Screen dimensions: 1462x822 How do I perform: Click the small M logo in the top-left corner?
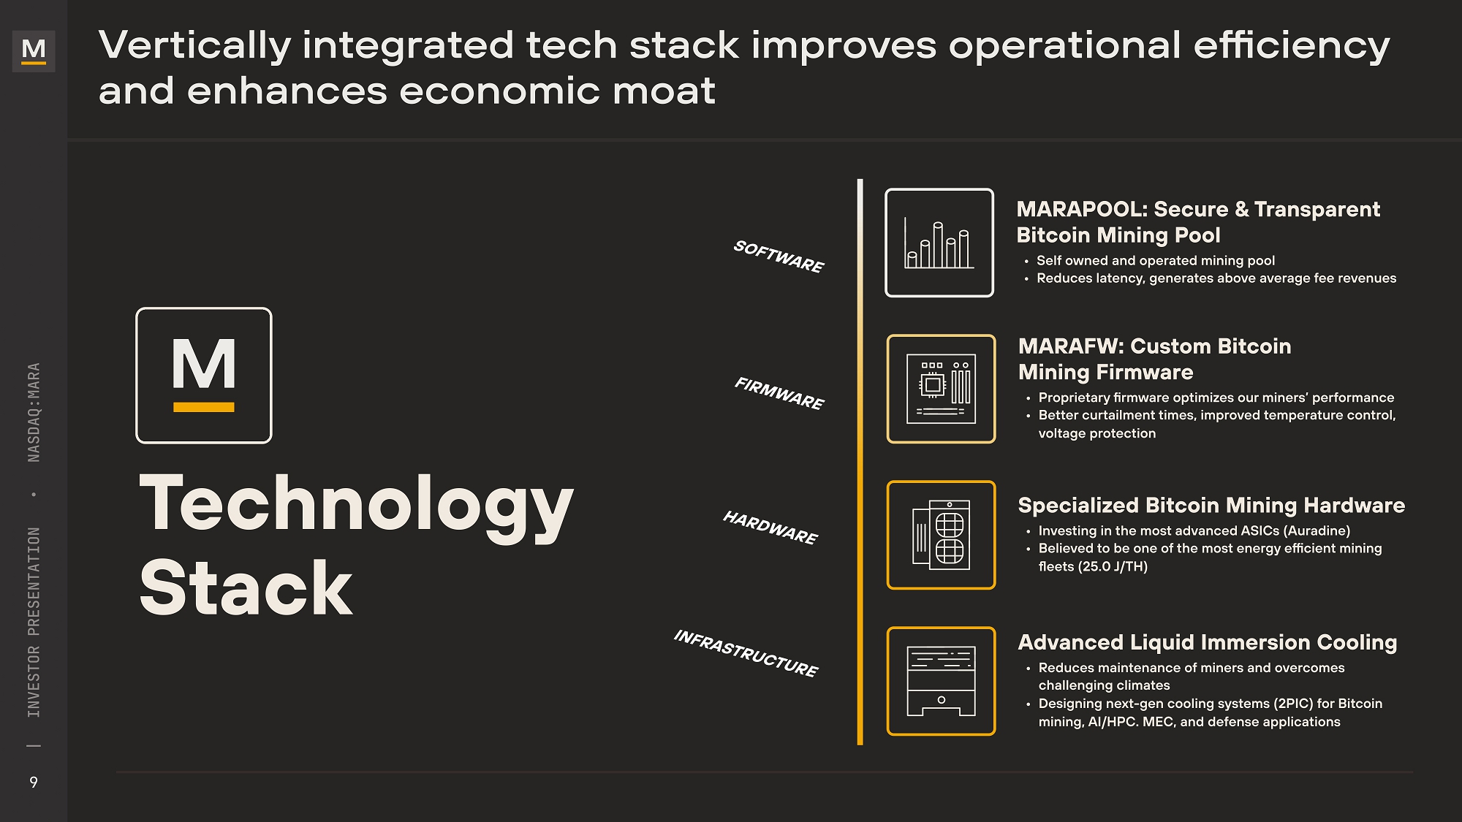click(x=34, y=50)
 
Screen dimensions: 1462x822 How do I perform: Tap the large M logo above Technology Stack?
click(x=204, y=376)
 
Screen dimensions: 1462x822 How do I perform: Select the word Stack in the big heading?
click(x=246, y=588)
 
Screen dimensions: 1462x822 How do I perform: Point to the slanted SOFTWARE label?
click(x=779, y=256)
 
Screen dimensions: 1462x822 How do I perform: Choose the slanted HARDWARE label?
click(x=770, y=528)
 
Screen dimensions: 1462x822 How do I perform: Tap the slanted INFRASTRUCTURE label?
click(x=746, y=653)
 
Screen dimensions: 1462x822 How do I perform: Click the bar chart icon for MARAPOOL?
click(x=939, y=243)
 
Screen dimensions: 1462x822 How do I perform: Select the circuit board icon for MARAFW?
click(x=942, y=389)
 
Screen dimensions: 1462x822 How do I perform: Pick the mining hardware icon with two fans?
click(x=942, y=535)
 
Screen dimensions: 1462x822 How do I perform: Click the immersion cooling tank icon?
click(x=942, y=681)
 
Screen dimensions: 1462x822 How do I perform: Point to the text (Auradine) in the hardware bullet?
click(x=1317, y=531)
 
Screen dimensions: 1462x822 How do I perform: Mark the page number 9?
click(x=34, y=783)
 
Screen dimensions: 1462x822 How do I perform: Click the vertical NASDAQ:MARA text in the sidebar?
click(x=34, y=412)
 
